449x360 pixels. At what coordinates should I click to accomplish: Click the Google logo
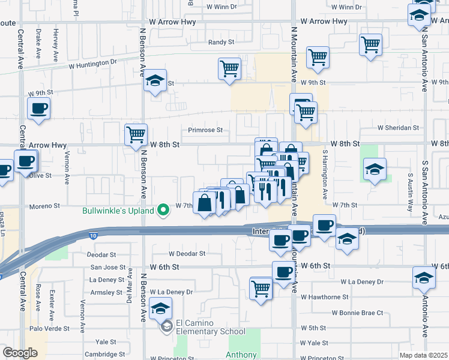click(20, 353)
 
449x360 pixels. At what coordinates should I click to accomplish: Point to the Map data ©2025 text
click(423, 355)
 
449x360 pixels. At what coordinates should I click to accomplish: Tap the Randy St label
click(220, 43)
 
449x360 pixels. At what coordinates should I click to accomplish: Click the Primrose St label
click(205, 130)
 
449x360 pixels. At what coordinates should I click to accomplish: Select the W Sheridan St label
click(398, 128)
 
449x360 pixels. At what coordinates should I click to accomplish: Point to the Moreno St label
click(45, 206)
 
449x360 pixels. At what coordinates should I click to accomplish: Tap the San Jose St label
click(108, 267)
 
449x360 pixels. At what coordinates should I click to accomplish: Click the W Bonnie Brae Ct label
click(358, 313)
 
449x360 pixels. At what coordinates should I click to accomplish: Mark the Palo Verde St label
click(49, 329)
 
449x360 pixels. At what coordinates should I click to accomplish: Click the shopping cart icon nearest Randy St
click(229, 69)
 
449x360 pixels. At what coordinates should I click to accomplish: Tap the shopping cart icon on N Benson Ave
click(136, 134)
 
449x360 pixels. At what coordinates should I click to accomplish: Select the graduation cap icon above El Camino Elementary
click(160, 308)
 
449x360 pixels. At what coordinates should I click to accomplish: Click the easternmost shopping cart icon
click(371, 44)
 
